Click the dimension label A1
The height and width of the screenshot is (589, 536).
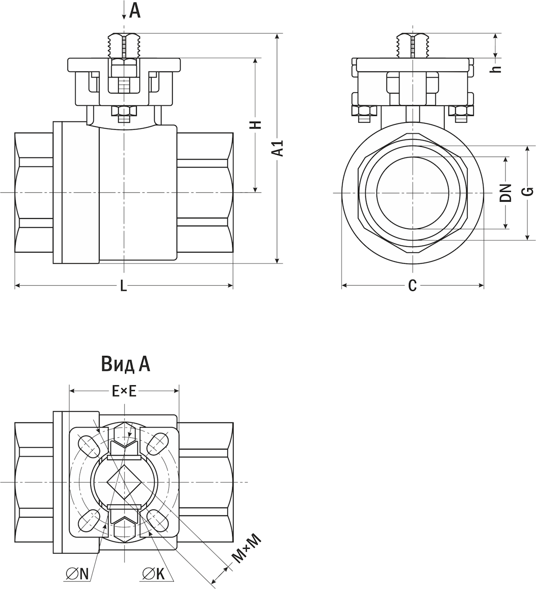click(279, 148)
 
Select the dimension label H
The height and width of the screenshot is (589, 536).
click(256, 125)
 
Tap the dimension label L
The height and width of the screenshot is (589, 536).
click(124, 286)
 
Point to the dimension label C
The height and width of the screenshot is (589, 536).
click(412, 285)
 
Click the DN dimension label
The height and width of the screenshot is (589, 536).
click(506, 193)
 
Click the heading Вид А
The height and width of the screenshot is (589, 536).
click(126, 365)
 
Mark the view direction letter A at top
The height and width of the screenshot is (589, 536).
click(135, 11)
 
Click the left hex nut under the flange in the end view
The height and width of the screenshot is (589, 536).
click(364, 111)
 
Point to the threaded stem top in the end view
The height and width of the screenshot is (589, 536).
click(413, 46)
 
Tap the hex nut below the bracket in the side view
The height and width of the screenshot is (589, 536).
click(124, 111)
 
